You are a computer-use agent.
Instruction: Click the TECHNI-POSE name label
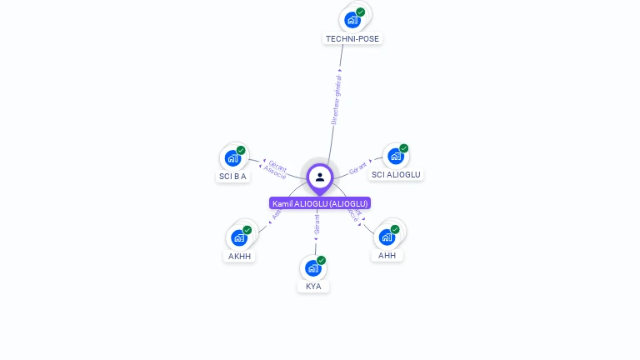click(x=352, y=38)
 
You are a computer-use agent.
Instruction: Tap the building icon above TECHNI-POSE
click(x=352, y=20)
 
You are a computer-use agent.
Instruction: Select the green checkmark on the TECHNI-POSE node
click(x=361, y=12)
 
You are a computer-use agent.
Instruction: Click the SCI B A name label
click(x=233, y=176)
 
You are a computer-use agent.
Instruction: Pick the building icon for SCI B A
click(x=232, y=158)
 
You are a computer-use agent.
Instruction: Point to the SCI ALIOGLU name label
click(x=397, y=174)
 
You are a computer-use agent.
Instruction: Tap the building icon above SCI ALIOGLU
click(x=396, y=156)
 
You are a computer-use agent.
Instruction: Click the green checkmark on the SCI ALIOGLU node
click(x=404, y=148)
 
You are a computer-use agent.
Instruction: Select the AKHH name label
click(x=240, y=256)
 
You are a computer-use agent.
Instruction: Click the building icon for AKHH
click(x=239, y=237)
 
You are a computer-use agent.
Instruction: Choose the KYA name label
click(x=313, y=286)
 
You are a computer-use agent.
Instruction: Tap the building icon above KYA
click(x=312, y=267)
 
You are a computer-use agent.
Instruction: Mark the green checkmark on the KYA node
click(x=321, y=260)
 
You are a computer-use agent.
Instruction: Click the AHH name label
click(x=387, y=255)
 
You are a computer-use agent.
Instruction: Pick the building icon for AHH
click(x=387, y=237)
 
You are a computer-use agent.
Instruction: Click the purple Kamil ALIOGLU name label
click(x=320, y=203)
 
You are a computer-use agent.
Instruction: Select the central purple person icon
click(x=320, y=177)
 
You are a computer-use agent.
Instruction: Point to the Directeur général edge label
click(x=337, y=100)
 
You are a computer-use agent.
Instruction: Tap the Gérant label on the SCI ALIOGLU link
click(x=358, y=167)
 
